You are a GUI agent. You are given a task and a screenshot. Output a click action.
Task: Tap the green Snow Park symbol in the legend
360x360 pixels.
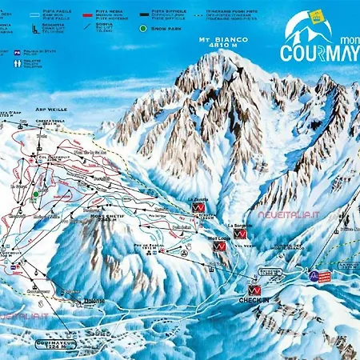143,28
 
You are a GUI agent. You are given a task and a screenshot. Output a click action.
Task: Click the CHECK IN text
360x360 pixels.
254,301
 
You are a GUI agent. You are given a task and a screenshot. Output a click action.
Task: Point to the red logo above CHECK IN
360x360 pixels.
254,289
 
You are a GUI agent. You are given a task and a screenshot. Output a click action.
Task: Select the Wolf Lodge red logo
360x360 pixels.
219,248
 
